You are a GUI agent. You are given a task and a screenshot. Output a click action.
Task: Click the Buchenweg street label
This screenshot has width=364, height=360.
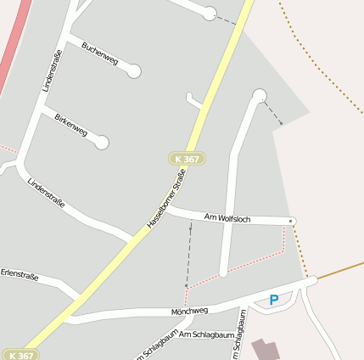pyautogui.click(x=100, y=55)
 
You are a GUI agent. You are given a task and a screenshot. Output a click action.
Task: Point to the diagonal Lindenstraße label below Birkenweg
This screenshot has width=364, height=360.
pyautogui.click(x=46, y=197)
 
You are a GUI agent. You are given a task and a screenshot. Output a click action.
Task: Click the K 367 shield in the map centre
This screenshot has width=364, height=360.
pyautogui.click(x=187, y=159)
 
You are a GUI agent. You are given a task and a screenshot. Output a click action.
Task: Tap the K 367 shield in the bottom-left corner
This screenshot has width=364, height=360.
pyautogui.click(x=20, y=355)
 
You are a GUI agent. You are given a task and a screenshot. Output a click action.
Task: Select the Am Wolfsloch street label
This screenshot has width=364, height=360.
pyautogui.click(x=227, y=218)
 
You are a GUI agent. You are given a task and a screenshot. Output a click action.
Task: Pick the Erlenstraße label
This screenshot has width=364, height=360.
pyautogui.click(x=20, y=275)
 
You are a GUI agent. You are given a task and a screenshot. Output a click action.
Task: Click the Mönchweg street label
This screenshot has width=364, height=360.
pyautogui.click(x=189, y=312)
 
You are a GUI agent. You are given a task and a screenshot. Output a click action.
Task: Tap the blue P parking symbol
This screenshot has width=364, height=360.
pyautogui.click(x=273, y=300)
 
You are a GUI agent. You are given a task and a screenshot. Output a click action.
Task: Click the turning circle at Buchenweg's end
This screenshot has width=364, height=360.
pyautogui.click(x=133, y=71)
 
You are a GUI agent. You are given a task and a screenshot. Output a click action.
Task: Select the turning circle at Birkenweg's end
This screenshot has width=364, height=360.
pyautogui.click(x=102, y=143)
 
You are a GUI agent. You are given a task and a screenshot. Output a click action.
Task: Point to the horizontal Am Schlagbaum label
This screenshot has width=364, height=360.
pyautogui.click(x=206, y=335)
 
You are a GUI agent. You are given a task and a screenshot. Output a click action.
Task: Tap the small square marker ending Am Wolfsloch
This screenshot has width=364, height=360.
pyautogui.click(x=292, y=221)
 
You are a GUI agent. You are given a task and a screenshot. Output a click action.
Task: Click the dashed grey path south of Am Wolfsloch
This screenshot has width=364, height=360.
pyautogui.click(x=188, y=255)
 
